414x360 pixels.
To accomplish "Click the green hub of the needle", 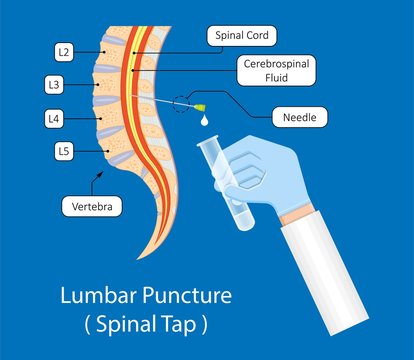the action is coord(202,105).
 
